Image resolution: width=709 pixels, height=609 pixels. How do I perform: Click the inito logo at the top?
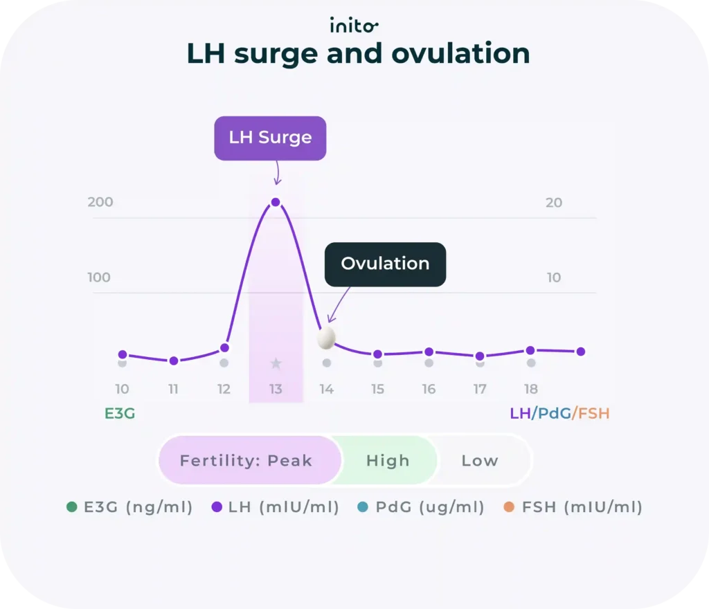click(354, 26)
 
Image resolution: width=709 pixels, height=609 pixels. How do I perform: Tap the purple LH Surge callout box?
click(270, 138)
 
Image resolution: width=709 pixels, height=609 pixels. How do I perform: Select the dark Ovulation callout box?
click(385, 264)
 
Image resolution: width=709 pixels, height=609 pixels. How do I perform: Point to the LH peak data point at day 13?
click(276, 202)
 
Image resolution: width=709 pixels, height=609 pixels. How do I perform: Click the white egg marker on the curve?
click(326, 338)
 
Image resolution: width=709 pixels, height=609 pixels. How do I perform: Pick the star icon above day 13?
click(276, 363)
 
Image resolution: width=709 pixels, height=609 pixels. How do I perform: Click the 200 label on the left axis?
click(100, 203)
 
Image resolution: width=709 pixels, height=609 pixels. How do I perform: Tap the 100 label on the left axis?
click(99, 278)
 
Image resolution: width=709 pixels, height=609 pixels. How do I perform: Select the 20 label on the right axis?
click(554, 203)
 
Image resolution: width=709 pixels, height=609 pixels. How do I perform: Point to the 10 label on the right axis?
click(554, 278)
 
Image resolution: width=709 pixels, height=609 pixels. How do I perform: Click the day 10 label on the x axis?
click(122, 389)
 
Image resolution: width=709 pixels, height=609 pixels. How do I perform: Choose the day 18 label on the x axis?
click(530, 389)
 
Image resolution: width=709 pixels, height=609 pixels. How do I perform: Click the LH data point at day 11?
click(174, 361)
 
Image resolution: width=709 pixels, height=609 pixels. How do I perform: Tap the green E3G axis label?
click(120, 414)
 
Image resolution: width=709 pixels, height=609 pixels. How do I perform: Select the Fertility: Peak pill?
click(246, 461)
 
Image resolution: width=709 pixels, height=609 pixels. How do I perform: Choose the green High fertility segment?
click(388, 461)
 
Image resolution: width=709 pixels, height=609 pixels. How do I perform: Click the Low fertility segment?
click(480, 461)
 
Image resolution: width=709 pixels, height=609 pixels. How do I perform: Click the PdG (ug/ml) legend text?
click(429, 507)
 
